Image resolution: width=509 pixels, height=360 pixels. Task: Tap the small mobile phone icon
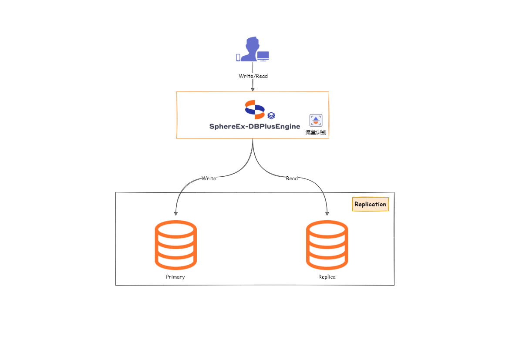pyautogui.click(x=238, y=57)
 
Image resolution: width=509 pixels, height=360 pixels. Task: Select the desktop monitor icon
pyautogui.click(x=263, y=56)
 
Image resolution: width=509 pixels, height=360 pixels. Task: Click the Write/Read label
pyautogui.click(x=253, y=76)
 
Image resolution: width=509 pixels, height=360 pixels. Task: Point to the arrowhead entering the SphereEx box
pyautogui.click(x=253, y=89)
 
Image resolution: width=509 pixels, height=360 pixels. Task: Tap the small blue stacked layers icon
pyautogui.click(x=271, y=115)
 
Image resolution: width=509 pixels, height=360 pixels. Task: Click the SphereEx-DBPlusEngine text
pyautogui.click(x=255, y=127)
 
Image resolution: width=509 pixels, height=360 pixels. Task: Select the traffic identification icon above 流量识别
pyautogui.click(x=316, y=120)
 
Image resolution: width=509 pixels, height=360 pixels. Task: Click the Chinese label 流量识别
pyautogui.click(x=316, y=132)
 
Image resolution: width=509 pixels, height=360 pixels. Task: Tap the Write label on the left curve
pyautogui.click(x=209, y=178)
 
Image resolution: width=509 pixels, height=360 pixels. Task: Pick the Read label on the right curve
pyautogui.click(x=292, y=178)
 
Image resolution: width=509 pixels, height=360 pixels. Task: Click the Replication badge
pyautogui.click(x=370, y=204)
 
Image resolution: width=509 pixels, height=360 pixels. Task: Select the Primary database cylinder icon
pyautogui.click(x=175, y=245)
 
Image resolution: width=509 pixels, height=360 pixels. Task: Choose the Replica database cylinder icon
pyautogui.click(x=327, y=245)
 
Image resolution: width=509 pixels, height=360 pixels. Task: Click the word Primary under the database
pyautogui.click(x=175, y=277)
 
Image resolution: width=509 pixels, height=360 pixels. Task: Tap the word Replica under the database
pyautogui.click(x=327, y=277)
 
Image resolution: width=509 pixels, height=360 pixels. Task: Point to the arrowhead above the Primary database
pyautogui.click(x=175, y=213)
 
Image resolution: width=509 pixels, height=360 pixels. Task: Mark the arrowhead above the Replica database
pyautogui.click(x=327, y=213)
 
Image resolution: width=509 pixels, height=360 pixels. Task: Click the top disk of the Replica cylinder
pyautogui.click(x=327, y=228)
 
